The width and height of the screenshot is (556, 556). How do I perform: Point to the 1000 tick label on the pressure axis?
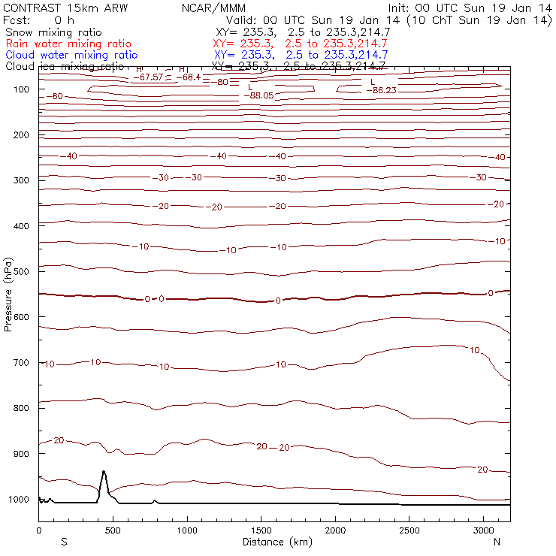pos(19,500)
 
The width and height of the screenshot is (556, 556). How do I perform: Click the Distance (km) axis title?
pos(273,542)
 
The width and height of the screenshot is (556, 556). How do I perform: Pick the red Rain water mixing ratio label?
pos(68,44)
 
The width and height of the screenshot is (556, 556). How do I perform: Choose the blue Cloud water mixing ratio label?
pos(71,55)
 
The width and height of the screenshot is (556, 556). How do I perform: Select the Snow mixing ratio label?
pos(53,32)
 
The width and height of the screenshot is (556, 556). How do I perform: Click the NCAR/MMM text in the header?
pos(213,8)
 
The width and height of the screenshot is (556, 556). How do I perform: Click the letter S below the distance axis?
pos(64,542)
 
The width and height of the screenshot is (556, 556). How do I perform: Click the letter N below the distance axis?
pos(497,542)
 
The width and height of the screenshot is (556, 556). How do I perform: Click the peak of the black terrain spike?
pos(104,472)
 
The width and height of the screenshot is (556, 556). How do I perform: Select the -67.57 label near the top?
pos(149,77)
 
